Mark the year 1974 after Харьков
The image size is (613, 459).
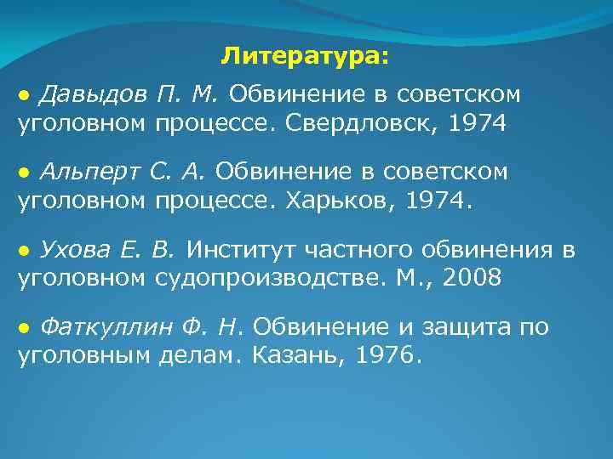pyautogui.click(x=438, y=203)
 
